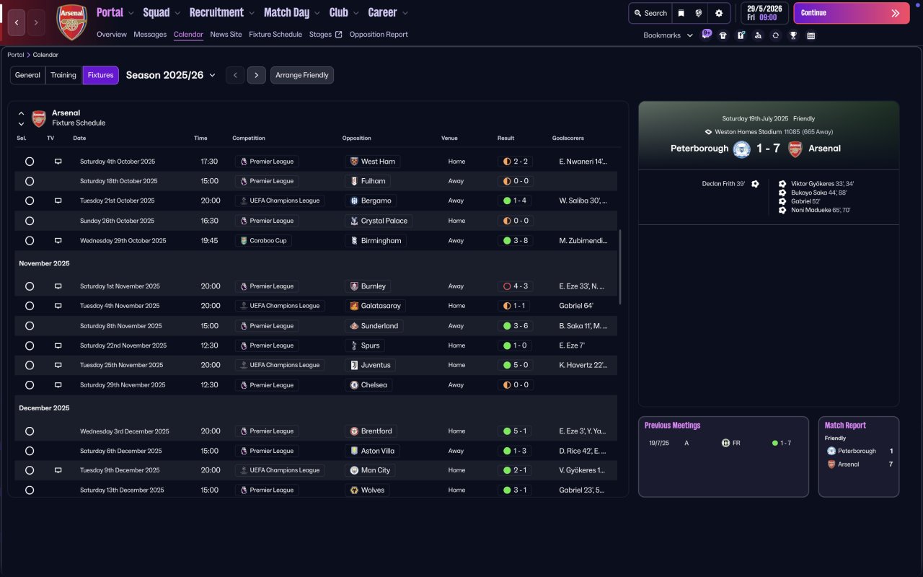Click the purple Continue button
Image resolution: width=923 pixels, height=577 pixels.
point(852,13)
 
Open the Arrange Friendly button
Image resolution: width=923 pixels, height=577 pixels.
point(302,75)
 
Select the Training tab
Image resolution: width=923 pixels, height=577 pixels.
point(63,75)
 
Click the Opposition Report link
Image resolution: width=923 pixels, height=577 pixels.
point(379,35)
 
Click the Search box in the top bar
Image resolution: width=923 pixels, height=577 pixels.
point(650,13)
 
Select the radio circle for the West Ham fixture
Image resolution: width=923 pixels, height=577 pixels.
point(30,162)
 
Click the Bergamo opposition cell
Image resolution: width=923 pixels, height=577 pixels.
point(371,201)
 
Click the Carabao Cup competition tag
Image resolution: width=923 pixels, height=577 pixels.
point(263,241)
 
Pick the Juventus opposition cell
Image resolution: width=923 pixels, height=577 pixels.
point(370,365)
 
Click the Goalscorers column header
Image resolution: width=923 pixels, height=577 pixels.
point(568,138)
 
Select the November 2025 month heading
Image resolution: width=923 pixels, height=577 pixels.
point(44,263)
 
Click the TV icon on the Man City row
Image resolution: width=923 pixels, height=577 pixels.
point(58,470)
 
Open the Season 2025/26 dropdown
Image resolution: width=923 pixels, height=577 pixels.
point(171,75)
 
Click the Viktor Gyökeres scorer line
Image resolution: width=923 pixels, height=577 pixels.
point(822,184)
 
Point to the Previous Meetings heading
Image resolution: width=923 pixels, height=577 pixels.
point(672,426)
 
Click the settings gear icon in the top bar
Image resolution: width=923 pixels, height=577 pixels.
point(719,13)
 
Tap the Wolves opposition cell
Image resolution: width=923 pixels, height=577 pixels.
point(368,490)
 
